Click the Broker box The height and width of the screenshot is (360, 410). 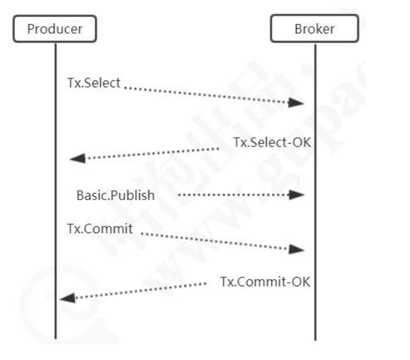tap(314, 29)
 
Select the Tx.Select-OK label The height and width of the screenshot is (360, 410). tap(272, 142)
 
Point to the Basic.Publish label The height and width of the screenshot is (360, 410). tap(115, 196)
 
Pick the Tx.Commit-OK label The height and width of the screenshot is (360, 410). tap(265, 281)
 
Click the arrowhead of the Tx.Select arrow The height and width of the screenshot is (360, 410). tap(296, 103)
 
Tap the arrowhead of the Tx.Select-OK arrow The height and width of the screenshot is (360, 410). tap(78, 158)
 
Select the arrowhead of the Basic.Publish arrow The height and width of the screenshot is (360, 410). tap(296, 195)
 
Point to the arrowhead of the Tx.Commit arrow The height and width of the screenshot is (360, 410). tap(296, 250)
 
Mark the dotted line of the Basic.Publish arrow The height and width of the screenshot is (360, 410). tap(232, 195)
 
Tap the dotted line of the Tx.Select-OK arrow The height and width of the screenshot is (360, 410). tap(150, 153)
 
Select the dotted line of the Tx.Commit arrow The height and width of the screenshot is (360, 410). tap(218, 242)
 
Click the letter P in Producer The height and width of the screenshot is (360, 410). tap(30, 29)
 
